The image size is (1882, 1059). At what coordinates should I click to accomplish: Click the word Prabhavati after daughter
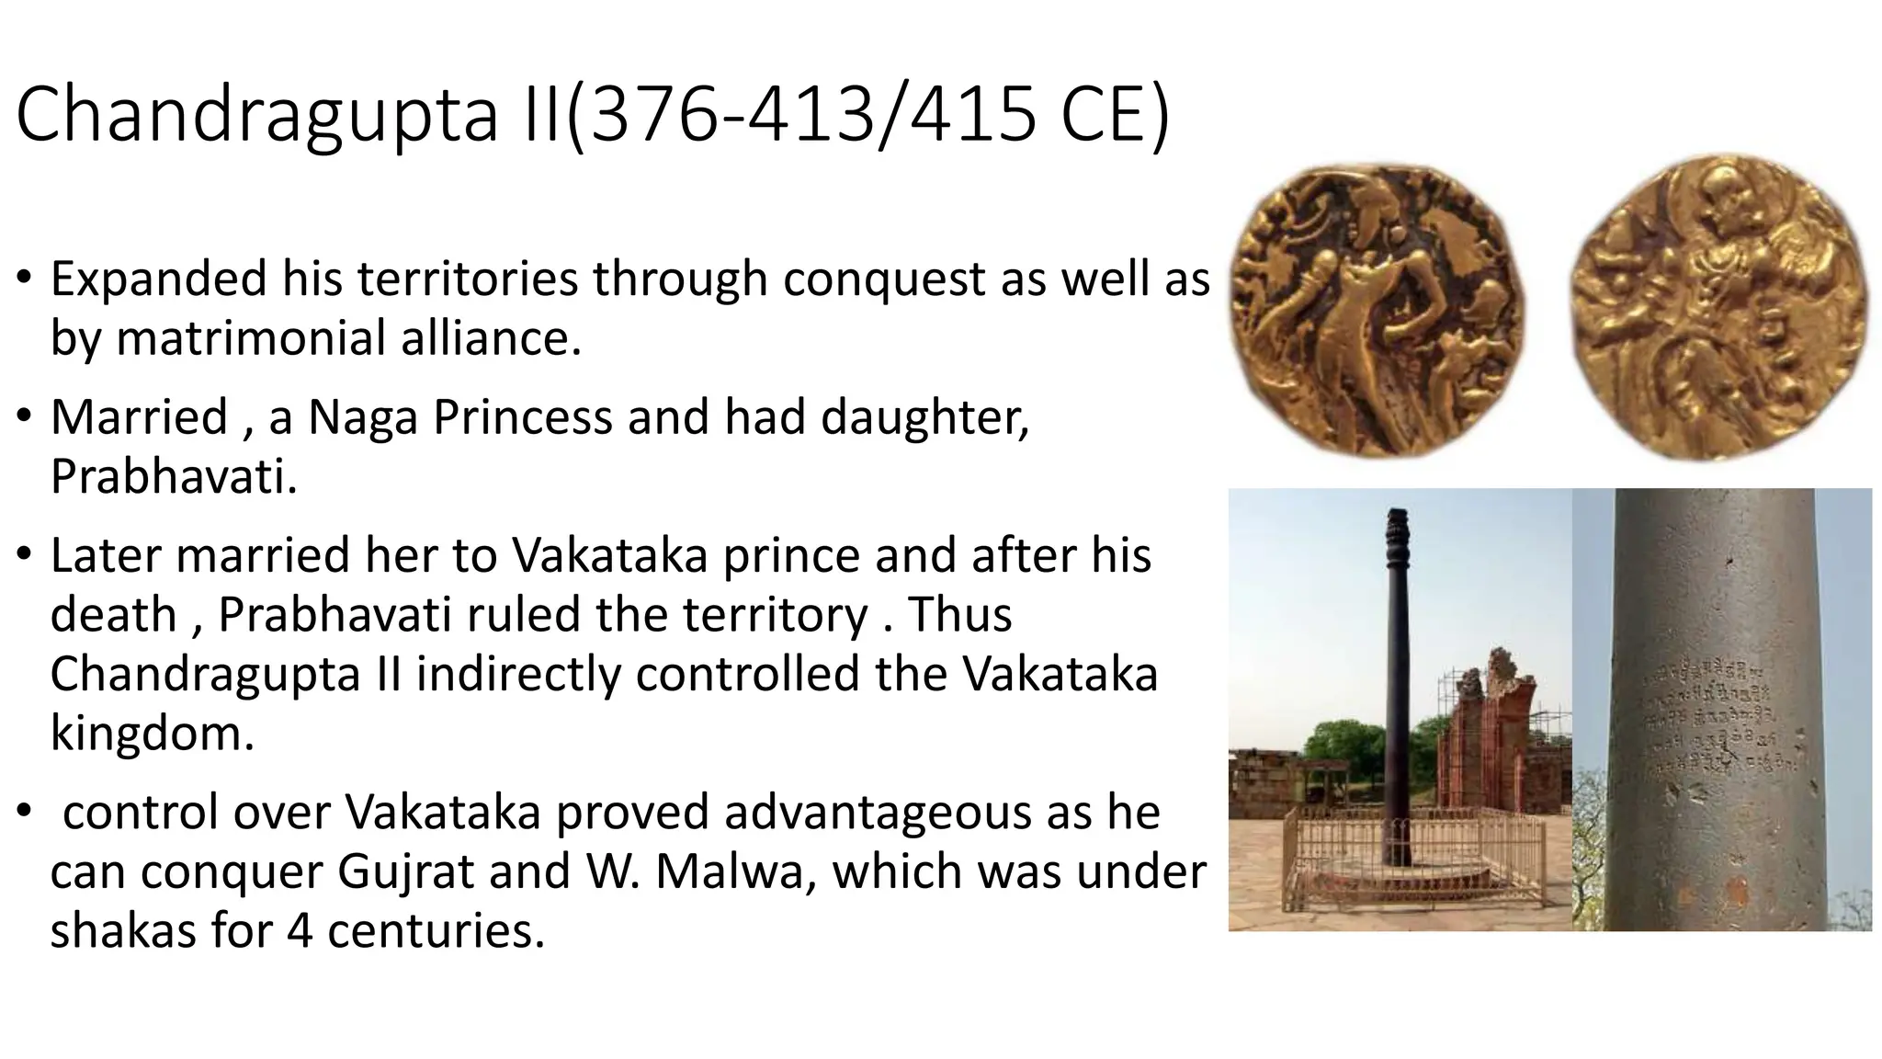pyautogui.click(x=173, y=476)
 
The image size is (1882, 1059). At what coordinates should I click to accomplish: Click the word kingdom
pyautogui.click(x=151, y=734)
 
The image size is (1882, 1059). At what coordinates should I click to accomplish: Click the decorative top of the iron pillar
pyautogui.click(x=1397, y=525)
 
